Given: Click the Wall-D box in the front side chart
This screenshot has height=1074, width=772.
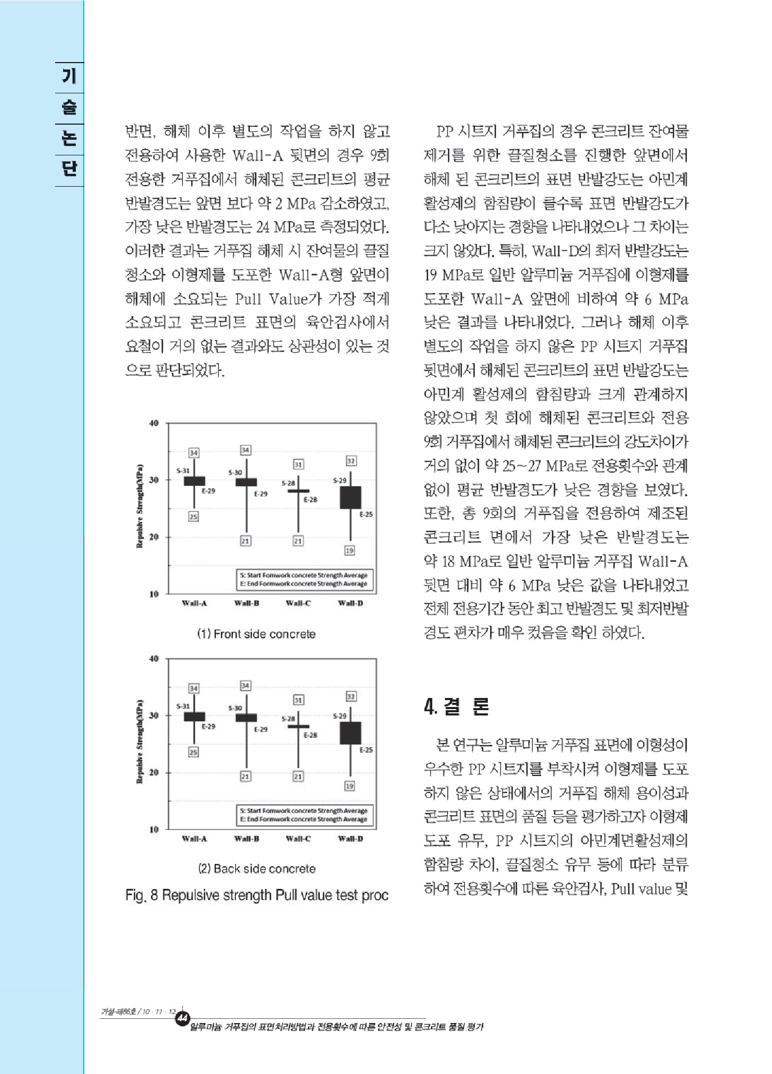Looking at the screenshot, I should (x=350, y=497).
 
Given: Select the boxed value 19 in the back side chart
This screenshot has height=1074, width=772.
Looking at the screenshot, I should (x=349, y=785).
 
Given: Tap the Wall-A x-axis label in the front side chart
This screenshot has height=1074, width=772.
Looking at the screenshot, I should (x=194, y=603).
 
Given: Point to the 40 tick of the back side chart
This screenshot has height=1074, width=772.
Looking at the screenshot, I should (x=154, y=659).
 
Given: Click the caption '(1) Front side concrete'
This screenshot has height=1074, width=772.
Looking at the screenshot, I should (x=257, y=634).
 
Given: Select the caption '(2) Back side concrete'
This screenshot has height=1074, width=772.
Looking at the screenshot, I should (x=257, y=869).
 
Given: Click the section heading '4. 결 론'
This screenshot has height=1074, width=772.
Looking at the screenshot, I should (x=457, y=706).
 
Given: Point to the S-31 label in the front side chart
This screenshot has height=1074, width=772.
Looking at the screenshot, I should (x=182, y=470).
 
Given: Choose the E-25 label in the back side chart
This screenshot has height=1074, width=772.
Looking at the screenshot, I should (x=366, y=750).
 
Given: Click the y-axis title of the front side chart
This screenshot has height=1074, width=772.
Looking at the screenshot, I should (x=140, y=506).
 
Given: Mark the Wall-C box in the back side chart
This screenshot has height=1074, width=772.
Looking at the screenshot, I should (x=298, y=726).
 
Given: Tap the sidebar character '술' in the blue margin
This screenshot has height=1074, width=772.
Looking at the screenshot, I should (x=69, y=108).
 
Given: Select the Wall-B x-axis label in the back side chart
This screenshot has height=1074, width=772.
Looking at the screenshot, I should (x=247, y=839).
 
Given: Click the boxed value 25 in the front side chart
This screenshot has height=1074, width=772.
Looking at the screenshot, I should (x=194, y=517).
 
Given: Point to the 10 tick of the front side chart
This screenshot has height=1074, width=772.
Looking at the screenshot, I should (x=154, y=594).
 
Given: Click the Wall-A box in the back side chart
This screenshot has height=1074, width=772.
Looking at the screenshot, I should (x=194, y=717).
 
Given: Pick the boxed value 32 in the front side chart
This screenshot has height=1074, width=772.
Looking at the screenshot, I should (x=350, y=460).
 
